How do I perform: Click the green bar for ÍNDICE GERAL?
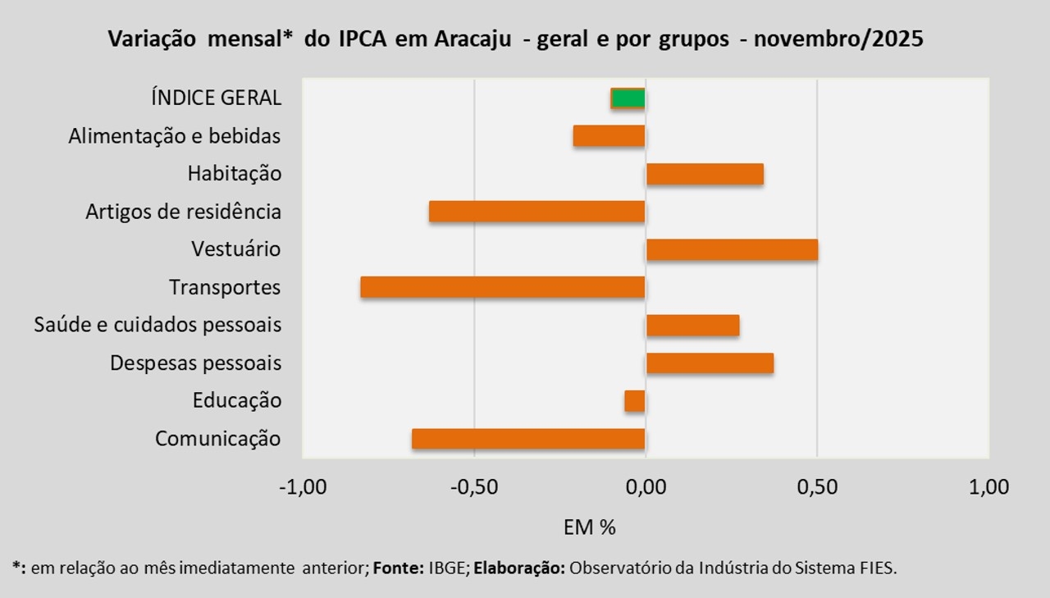point(628,98)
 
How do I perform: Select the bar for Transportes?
point(503,287)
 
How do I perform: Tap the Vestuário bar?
point(732,249)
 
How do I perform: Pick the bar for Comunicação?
point(528,439)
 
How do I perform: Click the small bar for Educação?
point(635,400)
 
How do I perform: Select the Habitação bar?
point(705,174)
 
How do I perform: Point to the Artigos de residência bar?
point(537,212)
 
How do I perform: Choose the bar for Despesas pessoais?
point(710,363)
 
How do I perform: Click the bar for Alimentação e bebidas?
point(609,136)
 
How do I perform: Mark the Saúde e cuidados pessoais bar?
point(692,325)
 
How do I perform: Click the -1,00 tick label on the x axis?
point(303,487)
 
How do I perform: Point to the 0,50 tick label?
point(817,487)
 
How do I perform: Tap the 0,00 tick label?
point(646,487)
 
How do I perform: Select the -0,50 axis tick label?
point(474,487)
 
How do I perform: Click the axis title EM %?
point(589,527)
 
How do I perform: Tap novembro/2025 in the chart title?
point(840,39)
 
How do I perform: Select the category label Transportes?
point(225,288)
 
